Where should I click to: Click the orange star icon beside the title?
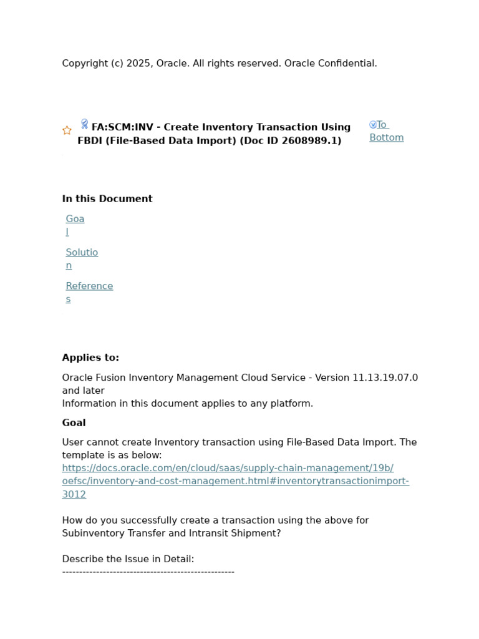(x=67, y=130)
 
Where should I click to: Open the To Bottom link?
(x=386, y=131)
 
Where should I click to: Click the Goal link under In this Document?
(x=75, y=225)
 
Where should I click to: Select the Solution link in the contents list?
(x=82, y=258)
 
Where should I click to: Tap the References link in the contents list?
(x=89, y=292)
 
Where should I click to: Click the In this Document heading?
(x=107, y=198)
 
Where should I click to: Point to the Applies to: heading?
(x=90, y=358)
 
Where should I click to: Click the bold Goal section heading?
(x=74, y=422)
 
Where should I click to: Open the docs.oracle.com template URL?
(x=235, y=481)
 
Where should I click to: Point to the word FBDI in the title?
(x=90, y=141)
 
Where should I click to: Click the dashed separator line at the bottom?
(x=148, y=571)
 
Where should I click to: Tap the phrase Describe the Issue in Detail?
(x=128, y=559)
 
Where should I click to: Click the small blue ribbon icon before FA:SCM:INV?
(x=84, y=124)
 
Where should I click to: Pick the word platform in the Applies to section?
(x=291, y=403)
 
